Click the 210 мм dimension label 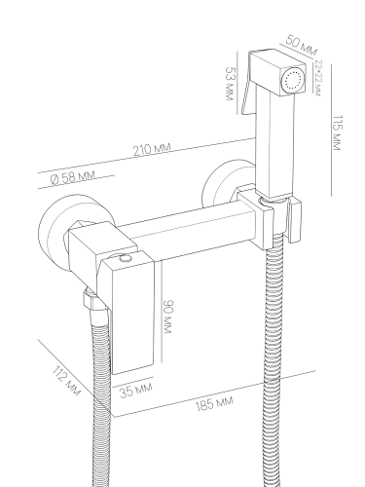152,149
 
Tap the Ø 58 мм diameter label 73,177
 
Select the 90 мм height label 167,317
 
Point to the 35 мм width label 135,390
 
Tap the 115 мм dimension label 338,132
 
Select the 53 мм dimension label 230,84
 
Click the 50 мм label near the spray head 302,46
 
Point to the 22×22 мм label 317,78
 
